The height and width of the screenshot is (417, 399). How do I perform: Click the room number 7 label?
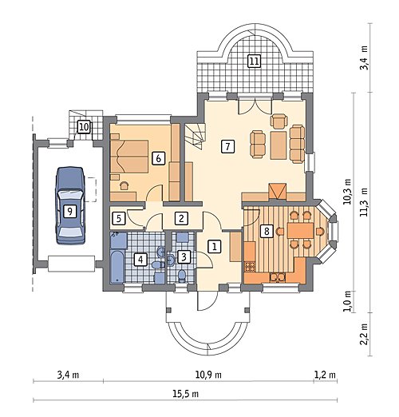click(227, 146)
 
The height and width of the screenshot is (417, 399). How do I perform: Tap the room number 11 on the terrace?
click(254, 61)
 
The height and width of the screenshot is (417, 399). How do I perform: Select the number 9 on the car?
click(69, 211)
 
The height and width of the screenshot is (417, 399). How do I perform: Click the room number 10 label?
click(84, 127)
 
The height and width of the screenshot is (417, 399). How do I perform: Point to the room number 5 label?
click(119, 219)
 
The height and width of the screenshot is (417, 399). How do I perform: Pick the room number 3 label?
click(184, 257)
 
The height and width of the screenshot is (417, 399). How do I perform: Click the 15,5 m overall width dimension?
click(186, 394)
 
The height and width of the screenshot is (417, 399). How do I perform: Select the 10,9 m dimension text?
click(208, 375)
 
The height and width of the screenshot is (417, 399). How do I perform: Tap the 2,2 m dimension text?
click(364, 334)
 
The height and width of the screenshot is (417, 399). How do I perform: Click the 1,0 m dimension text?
click(347, 301)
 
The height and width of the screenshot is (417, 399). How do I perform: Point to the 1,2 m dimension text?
click(325, 375)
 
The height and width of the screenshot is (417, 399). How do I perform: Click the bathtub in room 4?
click(117, 266)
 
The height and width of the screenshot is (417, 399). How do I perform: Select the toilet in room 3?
click(182, 276)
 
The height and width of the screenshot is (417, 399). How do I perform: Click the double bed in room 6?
click(129, 157)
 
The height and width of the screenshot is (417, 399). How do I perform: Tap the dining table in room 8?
click(301, 231)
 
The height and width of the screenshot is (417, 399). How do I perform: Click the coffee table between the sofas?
click(279, 145)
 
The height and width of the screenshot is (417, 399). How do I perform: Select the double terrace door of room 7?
click(255, 107)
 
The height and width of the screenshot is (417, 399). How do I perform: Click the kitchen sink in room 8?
click(278, 277)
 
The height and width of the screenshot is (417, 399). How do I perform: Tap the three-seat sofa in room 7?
click(297, 144)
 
